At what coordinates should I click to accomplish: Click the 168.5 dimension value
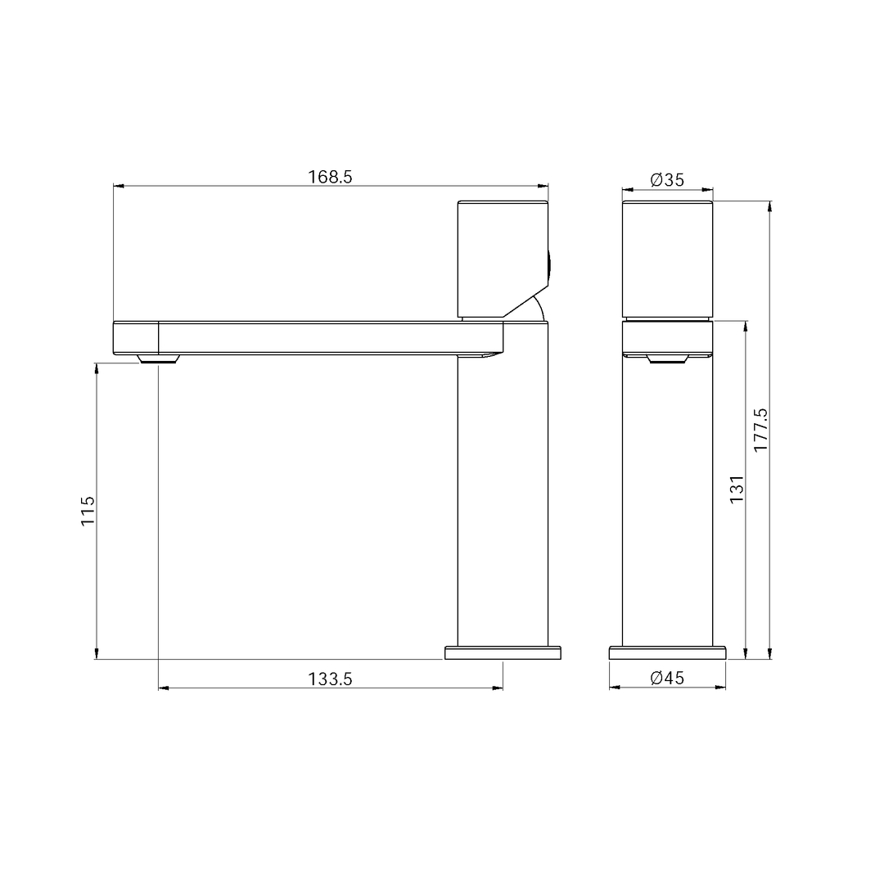point(330,177)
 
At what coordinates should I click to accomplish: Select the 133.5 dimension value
point(330,679)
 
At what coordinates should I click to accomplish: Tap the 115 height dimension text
point(88,511)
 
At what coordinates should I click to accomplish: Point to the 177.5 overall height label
point(760,431)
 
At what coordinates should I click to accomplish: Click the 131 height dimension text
point(737,489)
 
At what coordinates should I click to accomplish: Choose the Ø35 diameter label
point(667,180)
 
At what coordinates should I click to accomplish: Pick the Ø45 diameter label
point(667,678)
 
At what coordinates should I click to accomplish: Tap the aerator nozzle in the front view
point(666,360)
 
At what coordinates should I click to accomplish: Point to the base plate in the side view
point(503,652)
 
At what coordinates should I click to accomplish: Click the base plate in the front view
point(667,652)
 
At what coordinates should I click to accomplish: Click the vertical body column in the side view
point(503,507)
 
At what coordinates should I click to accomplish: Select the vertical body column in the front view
point(667,507)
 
